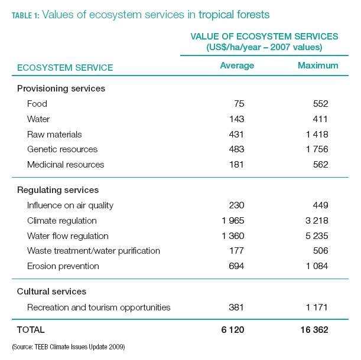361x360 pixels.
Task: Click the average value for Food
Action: (x=237, y=104)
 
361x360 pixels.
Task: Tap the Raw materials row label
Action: (x=54, y=135)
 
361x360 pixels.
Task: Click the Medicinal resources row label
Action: (x=66, y=165)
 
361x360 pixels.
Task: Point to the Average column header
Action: (x=237, y=66)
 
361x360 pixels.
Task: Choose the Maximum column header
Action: (x=318, y=66)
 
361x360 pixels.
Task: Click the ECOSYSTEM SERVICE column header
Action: (x=65, y=68)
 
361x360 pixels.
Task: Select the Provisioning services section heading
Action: (x=61, y=89)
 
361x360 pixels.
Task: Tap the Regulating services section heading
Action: (x=58, y=190)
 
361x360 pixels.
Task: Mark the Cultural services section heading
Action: (x=52, y=292)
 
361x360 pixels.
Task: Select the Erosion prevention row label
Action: (x=63, y=266)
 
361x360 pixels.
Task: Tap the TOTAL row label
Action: (x=31, y=330)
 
